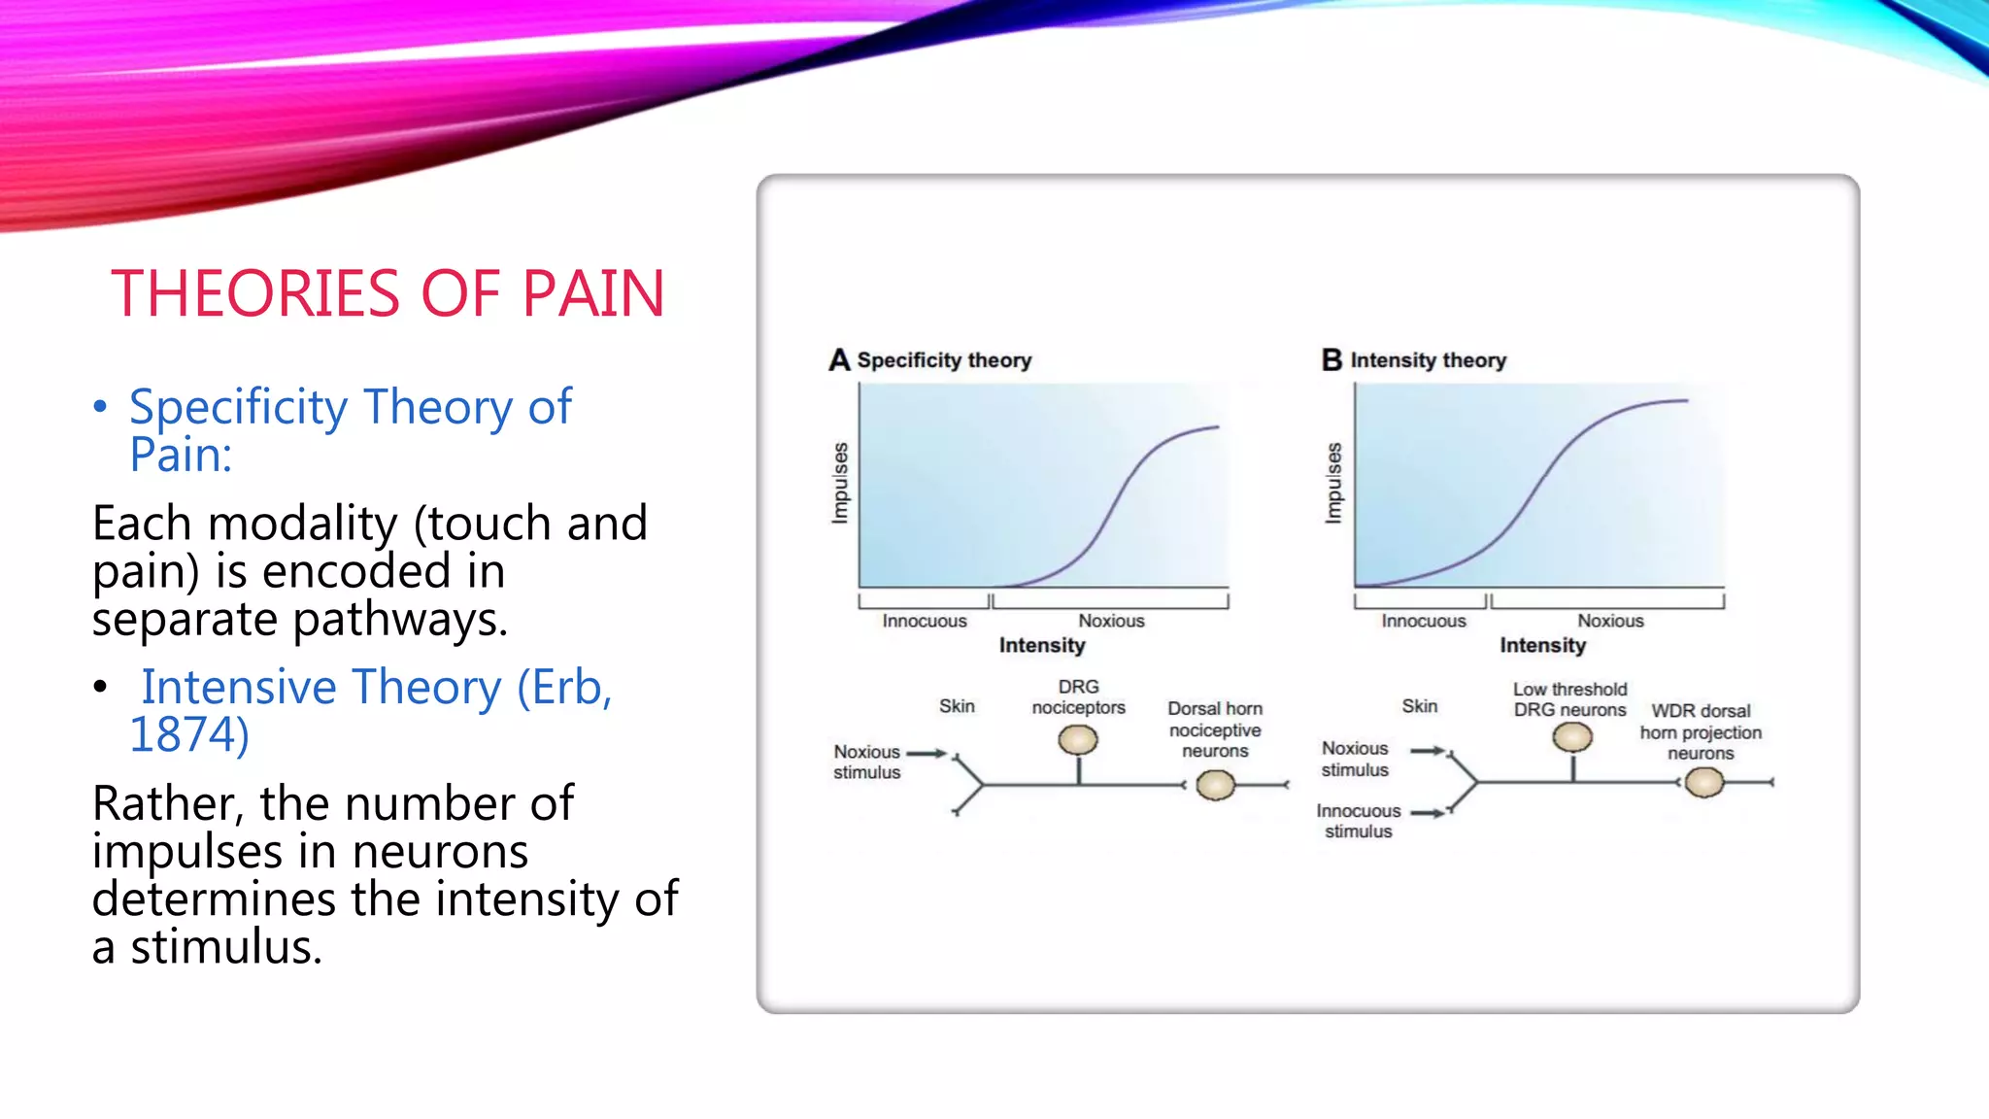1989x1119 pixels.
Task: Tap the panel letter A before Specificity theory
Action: pyautogui.click(x=839, y=360)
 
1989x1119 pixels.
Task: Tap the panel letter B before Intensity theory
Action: pyautogui.click(x=1332, y=360)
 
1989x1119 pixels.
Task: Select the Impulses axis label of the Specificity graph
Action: pyautogui.click(x=840, y=483)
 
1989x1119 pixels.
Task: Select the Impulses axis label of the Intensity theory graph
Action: pyautogui.click(x=1333, y=483)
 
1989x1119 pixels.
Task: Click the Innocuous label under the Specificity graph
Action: pyautogui.click(x=924, y=621)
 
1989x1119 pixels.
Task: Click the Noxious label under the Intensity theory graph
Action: pyautogui.click(x=1609, y=621)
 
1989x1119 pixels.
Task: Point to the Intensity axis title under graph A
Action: pyautogui.click(x=1041, y=645)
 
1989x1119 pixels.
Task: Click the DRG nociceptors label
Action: pyautogui.click(x=1078, y=697)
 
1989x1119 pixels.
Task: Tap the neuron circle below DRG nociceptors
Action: pyautogui.click(x=1078, y=740)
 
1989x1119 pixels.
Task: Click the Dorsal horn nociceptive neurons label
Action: pyautogui.click(x=1214, y=729)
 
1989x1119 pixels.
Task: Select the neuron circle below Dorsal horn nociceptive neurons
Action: pyautogui.click(x=1215, y=785)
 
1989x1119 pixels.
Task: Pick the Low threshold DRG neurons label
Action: pyautogui.click(x=1569, y=699)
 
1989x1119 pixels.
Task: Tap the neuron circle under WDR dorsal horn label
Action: pyautogui.click(x=1703, y=782)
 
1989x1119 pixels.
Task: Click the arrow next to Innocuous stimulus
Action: pyautogui.click(x=1428, y=813)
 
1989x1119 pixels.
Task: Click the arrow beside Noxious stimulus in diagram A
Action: pyautogui.click(x=926, y=753)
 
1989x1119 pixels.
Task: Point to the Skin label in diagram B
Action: pyautogui.click(x=1419, y=706)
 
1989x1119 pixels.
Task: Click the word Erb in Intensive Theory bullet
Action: pyautogui.click(x=565, y=688)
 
